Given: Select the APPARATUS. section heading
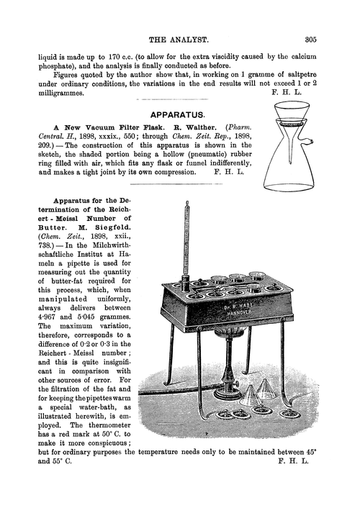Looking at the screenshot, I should (x=179, y=114).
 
